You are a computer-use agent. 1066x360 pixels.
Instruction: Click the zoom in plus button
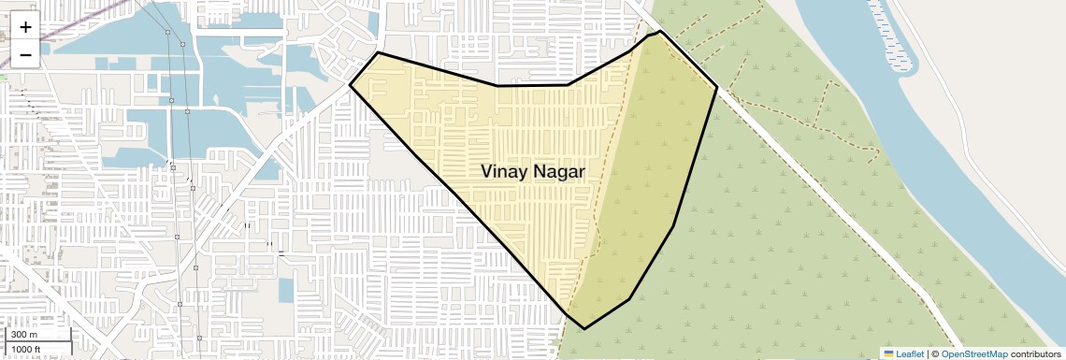[x=25, y=26]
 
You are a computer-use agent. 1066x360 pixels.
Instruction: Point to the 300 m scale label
[x=23, y=334]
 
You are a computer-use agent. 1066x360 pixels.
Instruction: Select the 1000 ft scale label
[x=26, y=349]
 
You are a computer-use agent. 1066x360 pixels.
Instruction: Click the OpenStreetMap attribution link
[x=973, y=353]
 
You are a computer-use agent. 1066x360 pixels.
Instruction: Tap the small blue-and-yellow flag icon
[x=888, y=353]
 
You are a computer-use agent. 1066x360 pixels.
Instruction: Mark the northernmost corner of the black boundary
[x=660, y=31]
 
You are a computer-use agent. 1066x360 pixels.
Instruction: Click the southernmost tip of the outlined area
[x=584, y=329]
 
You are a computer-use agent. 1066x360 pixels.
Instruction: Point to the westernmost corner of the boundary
[x=350, y=85]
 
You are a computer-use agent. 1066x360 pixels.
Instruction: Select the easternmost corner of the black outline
[x=717, y=88]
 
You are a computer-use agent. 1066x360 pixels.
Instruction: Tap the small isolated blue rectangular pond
[x=285, y=291]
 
